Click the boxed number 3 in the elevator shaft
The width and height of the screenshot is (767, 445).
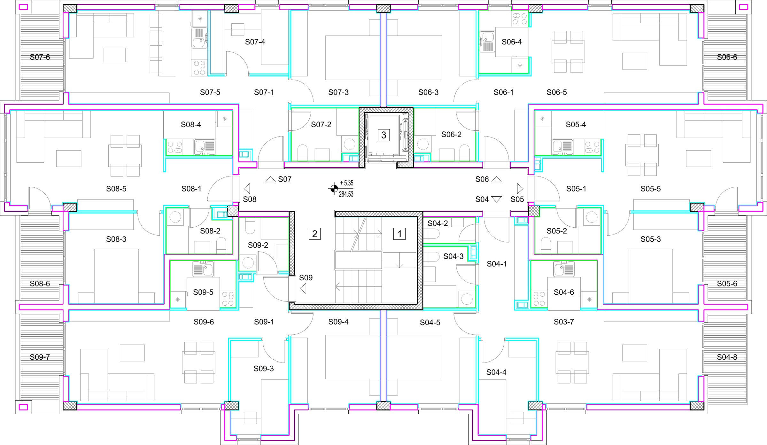pos(383,135)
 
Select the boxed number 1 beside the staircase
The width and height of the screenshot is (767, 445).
pos(399,234)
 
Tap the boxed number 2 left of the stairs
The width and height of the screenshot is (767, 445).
pos(314,234)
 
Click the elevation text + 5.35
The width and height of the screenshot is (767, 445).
pos(346,183)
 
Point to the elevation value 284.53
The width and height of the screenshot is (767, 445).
pos(346,194)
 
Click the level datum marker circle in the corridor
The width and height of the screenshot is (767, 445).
pos(334,189)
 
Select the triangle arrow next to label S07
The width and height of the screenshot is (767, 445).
pos(270,179)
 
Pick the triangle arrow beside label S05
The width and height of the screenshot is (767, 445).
pos(520,189)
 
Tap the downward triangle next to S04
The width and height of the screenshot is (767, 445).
pos(496,199)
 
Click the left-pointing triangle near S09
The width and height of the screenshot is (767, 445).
pos(303,289)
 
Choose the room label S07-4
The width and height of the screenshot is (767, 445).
pos(255,42)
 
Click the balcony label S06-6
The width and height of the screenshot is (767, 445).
pos(727,57)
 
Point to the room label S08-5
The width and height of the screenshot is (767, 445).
pos(116,189)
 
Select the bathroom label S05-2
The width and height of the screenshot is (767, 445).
pos(557,231)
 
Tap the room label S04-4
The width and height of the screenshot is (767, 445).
pos(496,372)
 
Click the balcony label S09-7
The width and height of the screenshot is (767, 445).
pos(40,357)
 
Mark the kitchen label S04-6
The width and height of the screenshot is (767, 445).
pos(564,292)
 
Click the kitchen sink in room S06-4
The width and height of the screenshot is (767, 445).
pos(487,42)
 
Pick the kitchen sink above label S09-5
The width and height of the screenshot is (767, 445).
pos(203,269)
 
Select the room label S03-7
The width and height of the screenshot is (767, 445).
pos(564,322)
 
